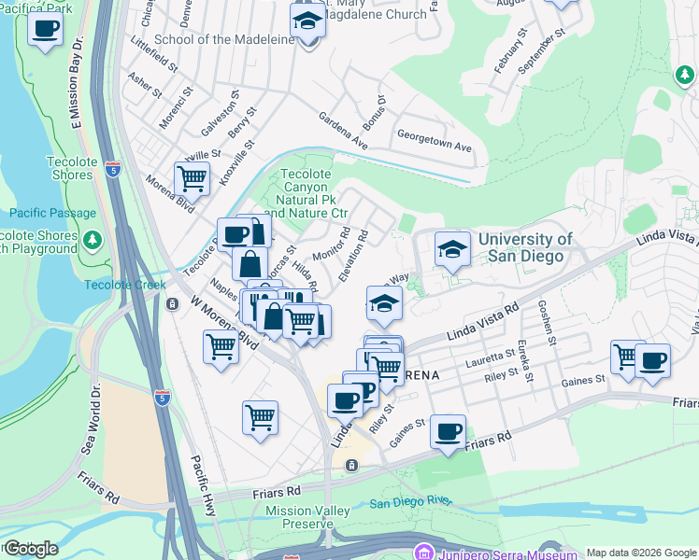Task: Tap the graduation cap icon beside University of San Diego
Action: (452, 250)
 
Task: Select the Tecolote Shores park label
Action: (57, 168)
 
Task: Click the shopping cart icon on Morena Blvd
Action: (192, 176)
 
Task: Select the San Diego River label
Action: (411, 502)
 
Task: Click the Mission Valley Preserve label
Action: (307, 517)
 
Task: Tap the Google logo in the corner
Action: (30, 549)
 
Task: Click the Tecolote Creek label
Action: (124, 285)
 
